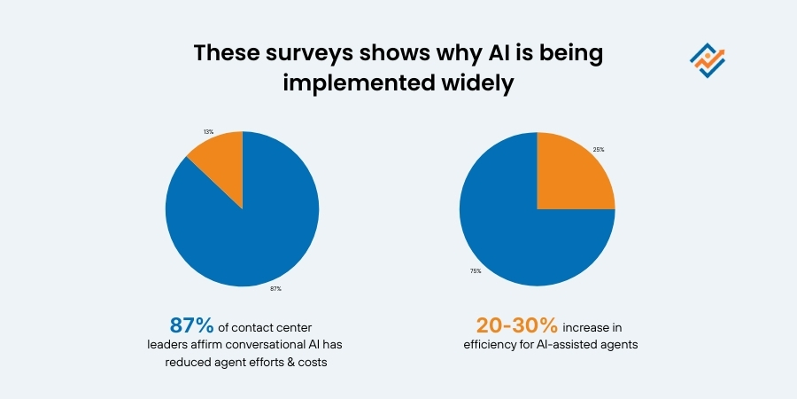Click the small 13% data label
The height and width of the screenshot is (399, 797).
tap(207, 130)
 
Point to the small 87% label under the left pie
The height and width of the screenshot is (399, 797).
tap(275, 288)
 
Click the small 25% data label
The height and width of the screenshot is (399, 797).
tap(599, 149)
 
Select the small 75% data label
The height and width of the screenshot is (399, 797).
tap(476, 270)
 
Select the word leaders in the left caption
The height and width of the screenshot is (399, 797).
tap(169, 345)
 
